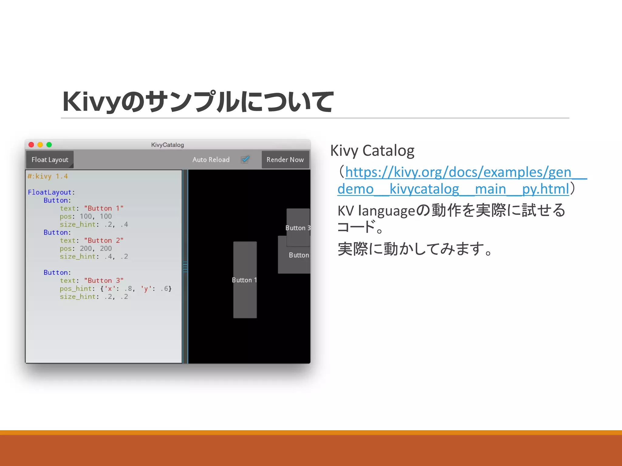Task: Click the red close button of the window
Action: pos(31,145)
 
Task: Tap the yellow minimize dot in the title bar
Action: pos(40,145)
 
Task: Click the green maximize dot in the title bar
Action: pos(49,145)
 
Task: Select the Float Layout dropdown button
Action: pos(50,160)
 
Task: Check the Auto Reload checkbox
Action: pos(245,159)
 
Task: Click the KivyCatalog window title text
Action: pos(167,145)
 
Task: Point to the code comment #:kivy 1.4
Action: pos(48,176)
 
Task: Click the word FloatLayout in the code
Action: pos(50,192)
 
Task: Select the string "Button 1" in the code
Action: pos(104,208)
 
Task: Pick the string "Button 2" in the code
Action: pos(104,241)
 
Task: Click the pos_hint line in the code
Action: pos(115,289)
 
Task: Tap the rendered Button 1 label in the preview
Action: pos(244,280)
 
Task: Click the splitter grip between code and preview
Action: pos(185,267)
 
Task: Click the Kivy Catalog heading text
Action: pos(372,150)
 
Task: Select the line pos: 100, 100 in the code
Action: pos(86,216)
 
